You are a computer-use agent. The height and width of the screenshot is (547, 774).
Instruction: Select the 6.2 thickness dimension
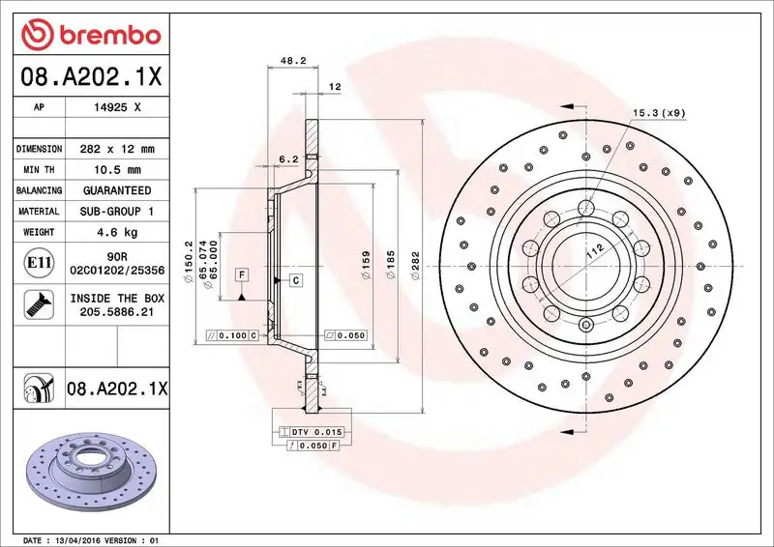288,158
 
